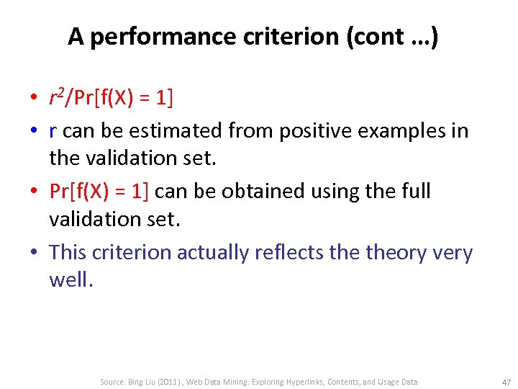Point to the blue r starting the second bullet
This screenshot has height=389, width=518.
(x=53, y=131)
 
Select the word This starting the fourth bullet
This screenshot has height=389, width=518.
(x=68, y=252)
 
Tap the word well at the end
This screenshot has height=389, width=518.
(x=69, y=280)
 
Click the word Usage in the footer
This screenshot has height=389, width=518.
(x=387, y=381)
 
